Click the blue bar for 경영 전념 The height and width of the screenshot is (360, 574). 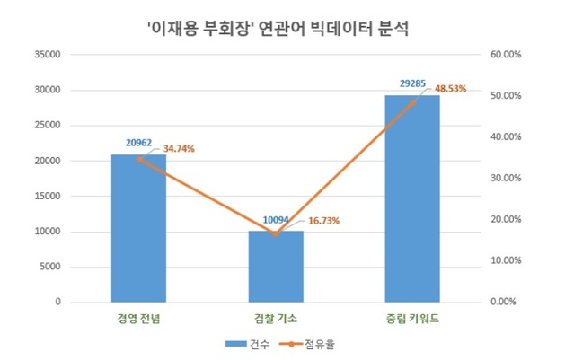click(x=138, y=229)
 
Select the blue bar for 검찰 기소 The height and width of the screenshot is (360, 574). click(x=275, y=267)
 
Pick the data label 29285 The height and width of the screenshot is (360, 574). click(x=413, y=83)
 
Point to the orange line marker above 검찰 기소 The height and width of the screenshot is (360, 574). click(x=275, y=233)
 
